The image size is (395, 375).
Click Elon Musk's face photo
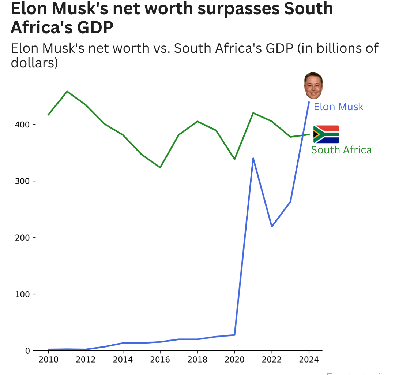(x=313, y=85)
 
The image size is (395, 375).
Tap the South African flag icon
(x=326, y=134)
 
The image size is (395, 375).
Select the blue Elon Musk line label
(x=339, y=107)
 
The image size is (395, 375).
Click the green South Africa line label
(x=341, y=150)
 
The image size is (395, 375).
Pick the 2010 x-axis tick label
(x=48, y=360)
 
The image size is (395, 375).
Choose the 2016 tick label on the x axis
(x=160, y=360)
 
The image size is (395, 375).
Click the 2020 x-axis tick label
(x=234, y=360)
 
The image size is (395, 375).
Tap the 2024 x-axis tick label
(x=309, y=360)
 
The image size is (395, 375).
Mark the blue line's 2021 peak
(x=253, y=158)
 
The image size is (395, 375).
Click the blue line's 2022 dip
(x=272, y=226)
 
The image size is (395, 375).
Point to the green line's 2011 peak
(x=67, y=91)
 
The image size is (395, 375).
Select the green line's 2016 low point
(x=160, y=167)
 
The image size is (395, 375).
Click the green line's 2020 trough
(x=234, y=159)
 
